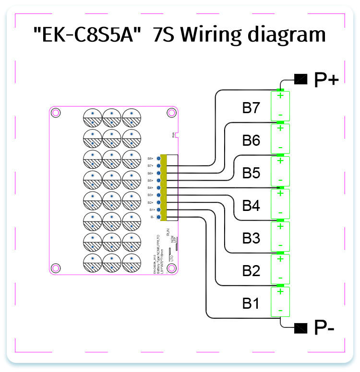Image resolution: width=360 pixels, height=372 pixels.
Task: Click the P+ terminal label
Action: (x=326, y=79)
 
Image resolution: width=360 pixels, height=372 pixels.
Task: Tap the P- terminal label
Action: (x=324, y=328)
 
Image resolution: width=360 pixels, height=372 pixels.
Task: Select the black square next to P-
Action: (x=300, y=328)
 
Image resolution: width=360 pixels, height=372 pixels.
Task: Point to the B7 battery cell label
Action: (x=251, y=108)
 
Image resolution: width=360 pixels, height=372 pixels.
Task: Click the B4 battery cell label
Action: (x=251, y=206)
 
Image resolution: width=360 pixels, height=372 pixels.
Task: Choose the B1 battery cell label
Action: (x=251, y=303)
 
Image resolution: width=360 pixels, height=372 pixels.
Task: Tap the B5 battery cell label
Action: (x=251, y=173)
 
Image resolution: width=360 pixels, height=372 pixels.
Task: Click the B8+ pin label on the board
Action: (x=150, y=158)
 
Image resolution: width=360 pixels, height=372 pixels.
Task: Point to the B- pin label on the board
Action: (x=152, y=217)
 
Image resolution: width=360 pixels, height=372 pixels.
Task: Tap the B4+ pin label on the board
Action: (x=150, y=188)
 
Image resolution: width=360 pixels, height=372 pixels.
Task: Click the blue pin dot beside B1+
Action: (x=158, y=210)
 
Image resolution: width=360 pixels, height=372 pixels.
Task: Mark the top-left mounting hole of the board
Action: (x=56, y=113)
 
